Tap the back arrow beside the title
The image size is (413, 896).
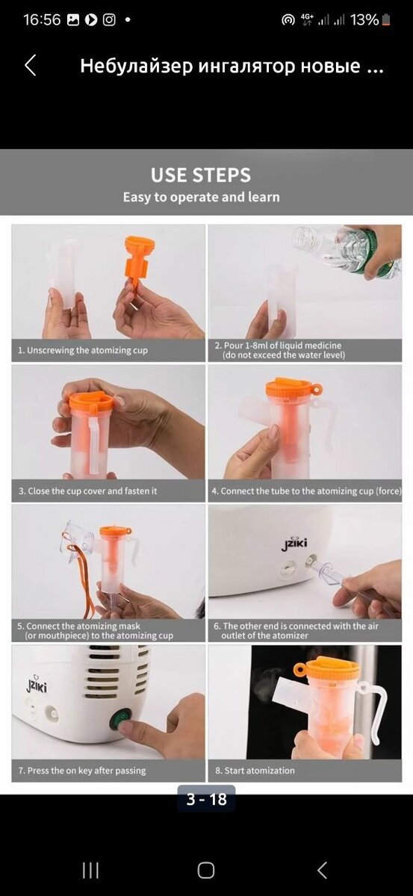(31, 65)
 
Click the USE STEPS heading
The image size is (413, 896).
(201, 175)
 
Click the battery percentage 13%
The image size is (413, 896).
(364, 19)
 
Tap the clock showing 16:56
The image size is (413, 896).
(42, 19)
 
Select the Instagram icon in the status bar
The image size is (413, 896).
(109, 19)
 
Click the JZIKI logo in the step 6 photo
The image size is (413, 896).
(294, 544)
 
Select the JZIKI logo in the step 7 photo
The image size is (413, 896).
(37, 685)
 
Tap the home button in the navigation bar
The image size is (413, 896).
(206, 870)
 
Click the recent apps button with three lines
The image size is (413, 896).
(91, 870)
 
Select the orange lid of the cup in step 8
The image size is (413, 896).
(326, 668)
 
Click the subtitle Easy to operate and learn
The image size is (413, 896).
(202, 197)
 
